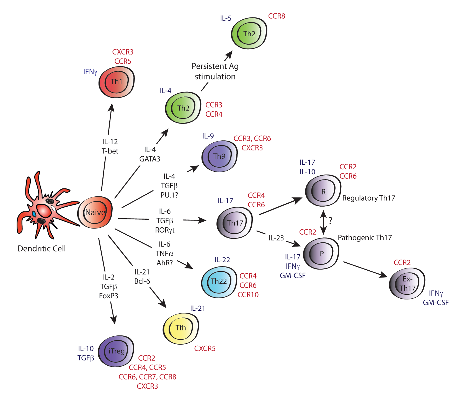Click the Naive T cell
click(95, 212)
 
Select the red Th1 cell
click(117, 82)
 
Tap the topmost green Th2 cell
click(249, 34)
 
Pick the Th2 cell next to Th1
click(183, 108)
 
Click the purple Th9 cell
click(220, 156)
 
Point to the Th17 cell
click(235, 223)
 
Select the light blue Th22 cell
click(219, 281)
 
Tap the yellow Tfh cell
click(181, 328)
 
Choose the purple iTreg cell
click(116, 351)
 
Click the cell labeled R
click(323, 191)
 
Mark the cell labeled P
click(321, 253)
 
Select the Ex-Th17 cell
click(407, 284)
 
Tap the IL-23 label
click(276, 238)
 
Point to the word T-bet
click(110, 151)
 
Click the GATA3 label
click(150, 159)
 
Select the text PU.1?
click(169, 195)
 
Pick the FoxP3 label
click(109, 296)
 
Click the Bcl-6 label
click(142, 281)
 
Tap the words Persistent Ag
click(215, 66)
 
